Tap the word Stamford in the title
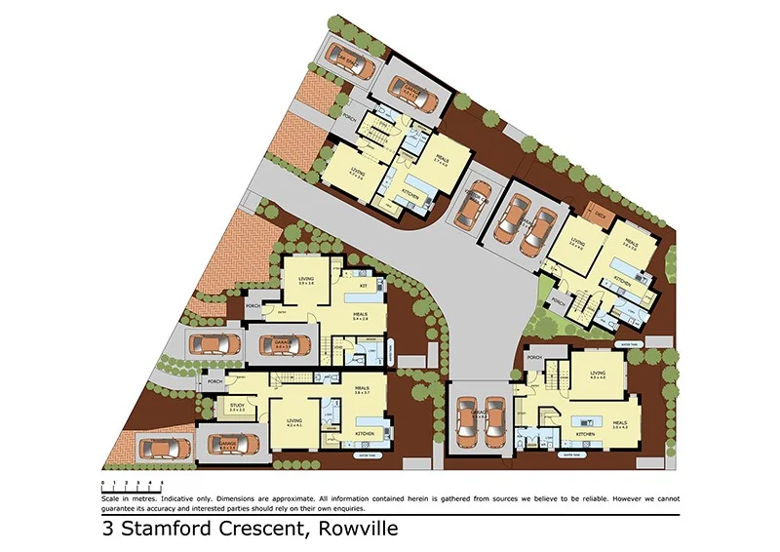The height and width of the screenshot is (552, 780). (170, 531)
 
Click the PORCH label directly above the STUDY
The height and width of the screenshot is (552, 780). (214, 381)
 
